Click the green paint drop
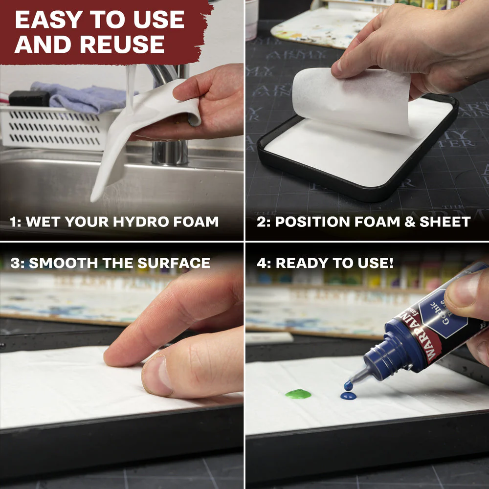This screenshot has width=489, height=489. pyautogui.click(x=298, y=394)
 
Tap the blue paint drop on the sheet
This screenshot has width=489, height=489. pyautogui.click(x=348, y=395)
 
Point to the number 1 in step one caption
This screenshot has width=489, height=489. pyautogui.click(x=13, y=222)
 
